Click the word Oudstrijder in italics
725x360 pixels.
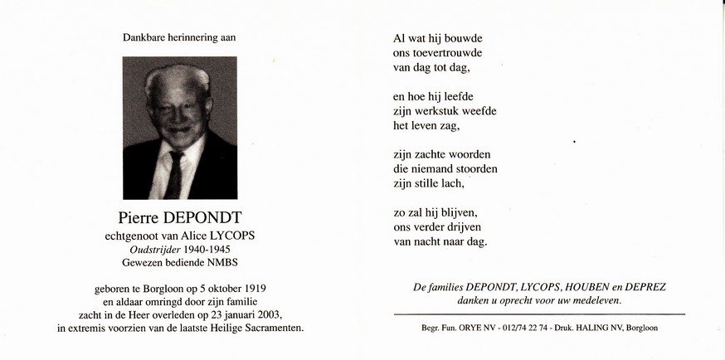(x=150, y=251)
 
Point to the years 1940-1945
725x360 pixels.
(x=207, y=251)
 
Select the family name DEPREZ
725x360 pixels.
(x=646, y=287)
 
